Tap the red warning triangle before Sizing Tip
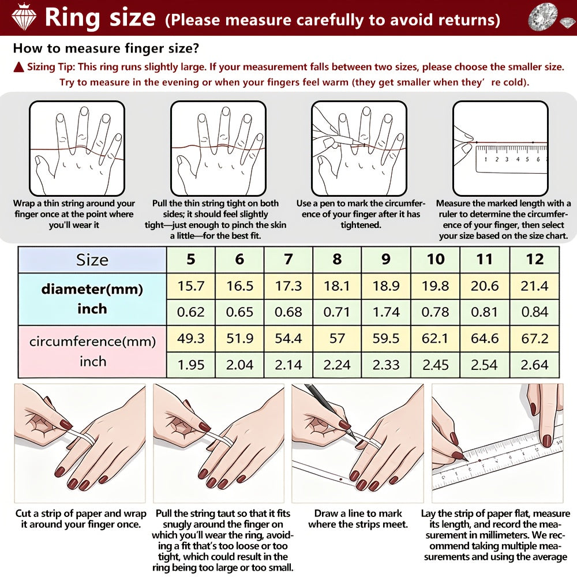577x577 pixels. pyautogui.click(x=19, y=67)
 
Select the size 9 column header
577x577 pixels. pyautogui.click(x=385, y=260)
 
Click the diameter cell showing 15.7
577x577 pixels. pyautogui.click(x=190, y=286)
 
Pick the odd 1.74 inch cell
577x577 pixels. pyautogui.click(x=385, y=312)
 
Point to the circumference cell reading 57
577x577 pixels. pyautogui.click(x=337, y=339)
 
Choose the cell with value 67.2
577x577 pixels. pyautogui.click(x=534, y=339)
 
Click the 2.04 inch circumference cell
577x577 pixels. pyautogui.click(x=239, y=365)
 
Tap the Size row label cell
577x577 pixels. pyautogui.click(x=92, y=260)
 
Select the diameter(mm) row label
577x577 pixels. pyautogui.click(x=92, y=289)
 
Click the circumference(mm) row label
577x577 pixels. pyautogui.click(x=93, y=342)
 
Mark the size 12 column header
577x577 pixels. pyautogui.click(x=534, y=260)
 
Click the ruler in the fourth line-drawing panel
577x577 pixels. pyautogui.click(x=511, y=159)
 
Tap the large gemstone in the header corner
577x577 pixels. pyautogui.click(x=543, y=17)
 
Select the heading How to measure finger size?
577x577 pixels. pyautogui.click(x=106, y=48)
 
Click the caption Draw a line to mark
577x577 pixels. pyautogui.click(x=358, y=514)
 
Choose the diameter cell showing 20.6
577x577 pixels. pyautogui.click(x=485, y=286)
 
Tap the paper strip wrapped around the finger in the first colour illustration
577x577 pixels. pyautogui.click(x=84, y=436)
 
